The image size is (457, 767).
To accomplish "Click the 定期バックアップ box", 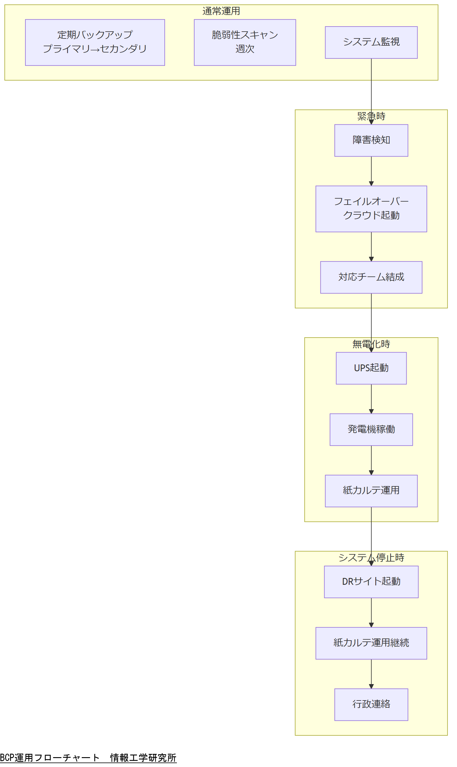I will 95,42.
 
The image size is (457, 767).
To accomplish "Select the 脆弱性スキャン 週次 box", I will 245,42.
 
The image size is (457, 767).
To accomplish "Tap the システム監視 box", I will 371,42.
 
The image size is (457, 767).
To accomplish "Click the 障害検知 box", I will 371,140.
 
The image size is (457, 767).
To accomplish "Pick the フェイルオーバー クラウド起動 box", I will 371,209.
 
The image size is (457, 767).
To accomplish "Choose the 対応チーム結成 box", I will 371,277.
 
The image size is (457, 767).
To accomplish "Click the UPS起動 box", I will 371,368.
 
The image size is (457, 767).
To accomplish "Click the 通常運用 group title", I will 221,11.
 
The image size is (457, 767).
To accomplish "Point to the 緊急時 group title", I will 371,116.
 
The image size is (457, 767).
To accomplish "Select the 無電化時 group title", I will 371,344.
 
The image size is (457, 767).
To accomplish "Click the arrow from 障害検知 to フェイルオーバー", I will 371,171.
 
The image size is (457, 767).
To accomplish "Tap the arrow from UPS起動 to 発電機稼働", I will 371,399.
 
